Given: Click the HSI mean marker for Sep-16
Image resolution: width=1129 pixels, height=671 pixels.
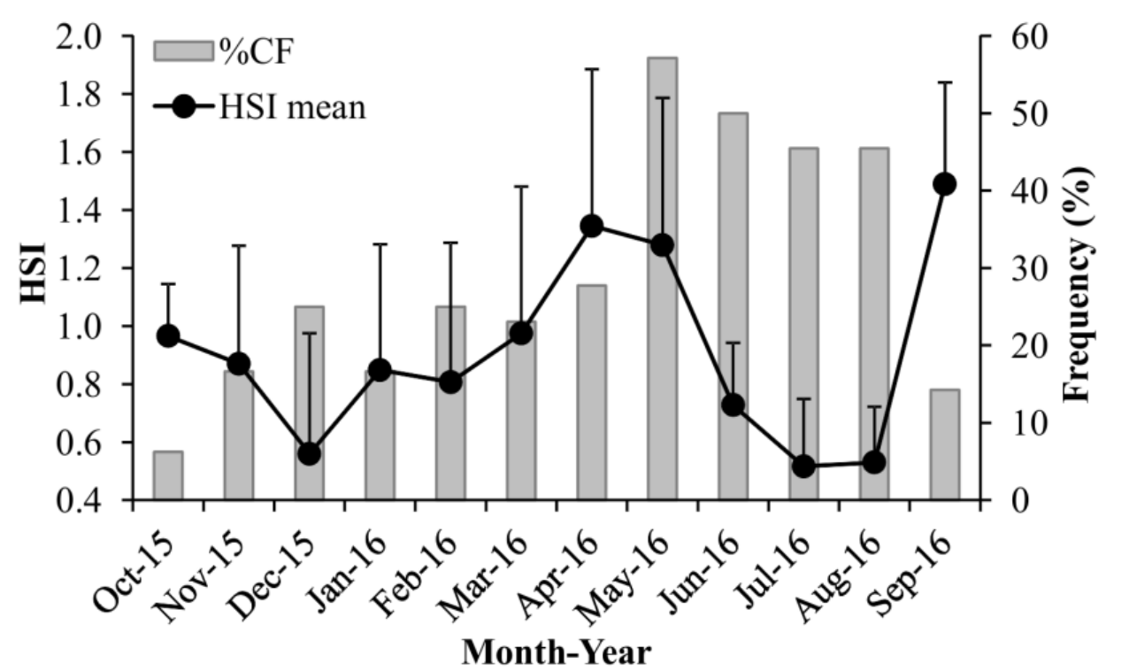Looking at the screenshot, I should (x=945, y=184).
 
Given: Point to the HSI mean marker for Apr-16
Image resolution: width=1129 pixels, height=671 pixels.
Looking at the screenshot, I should (x=592, y=227).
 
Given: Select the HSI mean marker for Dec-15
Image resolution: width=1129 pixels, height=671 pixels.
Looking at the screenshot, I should (x=309, y=454).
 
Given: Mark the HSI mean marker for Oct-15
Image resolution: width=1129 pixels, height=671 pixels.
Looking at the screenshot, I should (x=168, y=335).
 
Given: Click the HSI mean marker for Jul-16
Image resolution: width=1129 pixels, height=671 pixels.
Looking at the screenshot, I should (x=803, y=467).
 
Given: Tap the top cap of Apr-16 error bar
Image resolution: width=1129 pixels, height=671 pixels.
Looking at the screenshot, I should (x=592, y=69).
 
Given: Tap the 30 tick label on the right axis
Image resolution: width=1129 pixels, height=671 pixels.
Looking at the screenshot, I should (x=1009, y=268).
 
